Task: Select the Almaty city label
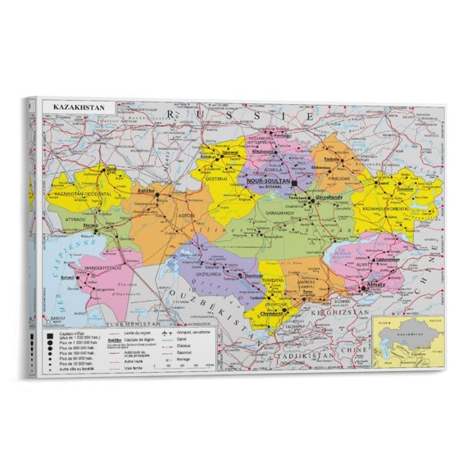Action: [376, 284]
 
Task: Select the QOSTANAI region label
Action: [215, 177]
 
